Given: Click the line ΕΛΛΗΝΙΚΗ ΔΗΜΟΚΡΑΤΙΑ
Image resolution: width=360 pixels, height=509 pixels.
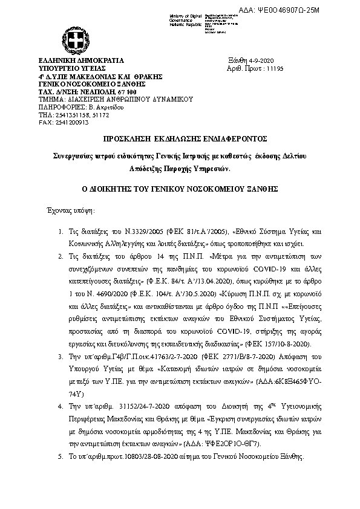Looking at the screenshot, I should (x=80, y=61).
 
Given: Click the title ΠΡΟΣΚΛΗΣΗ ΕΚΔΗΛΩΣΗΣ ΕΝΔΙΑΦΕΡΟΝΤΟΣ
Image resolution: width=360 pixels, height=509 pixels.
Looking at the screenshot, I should (x=180, y=138).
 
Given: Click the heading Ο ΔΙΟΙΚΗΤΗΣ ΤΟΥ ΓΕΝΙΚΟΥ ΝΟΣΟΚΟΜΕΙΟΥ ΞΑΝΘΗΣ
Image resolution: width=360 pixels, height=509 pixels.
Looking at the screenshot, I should (x=180, y=189).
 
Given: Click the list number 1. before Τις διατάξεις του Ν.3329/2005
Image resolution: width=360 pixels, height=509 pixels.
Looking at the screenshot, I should (x=61, y=232).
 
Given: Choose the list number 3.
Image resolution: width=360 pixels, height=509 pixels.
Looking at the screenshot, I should (x=61, y=356).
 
